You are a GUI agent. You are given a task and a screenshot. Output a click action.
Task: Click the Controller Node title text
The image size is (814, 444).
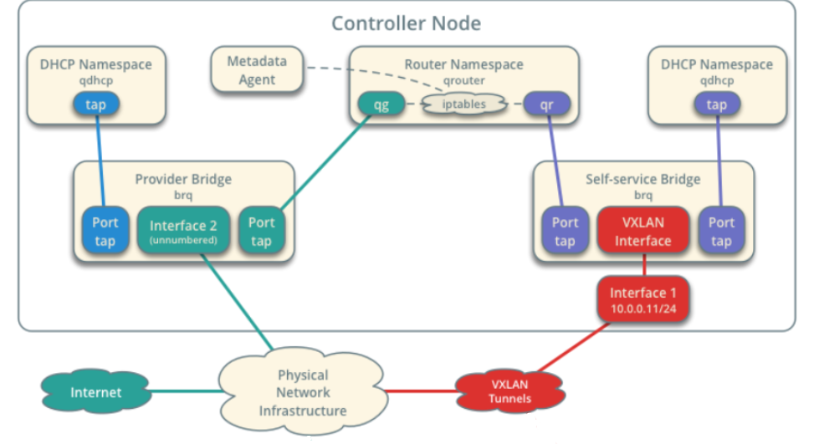tap(406, 23)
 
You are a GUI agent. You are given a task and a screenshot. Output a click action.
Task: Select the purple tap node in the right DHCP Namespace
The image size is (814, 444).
tap(716, 105)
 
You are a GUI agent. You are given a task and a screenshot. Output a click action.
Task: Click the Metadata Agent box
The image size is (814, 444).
tap(257, 71)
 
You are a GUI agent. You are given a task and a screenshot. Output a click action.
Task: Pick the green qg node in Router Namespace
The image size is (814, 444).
tap(381, 105)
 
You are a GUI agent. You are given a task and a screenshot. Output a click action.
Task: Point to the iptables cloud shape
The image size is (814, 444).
tap(464, 105)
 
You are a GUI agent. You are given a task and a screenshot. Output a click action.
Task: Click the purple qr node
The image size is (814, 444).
tap(547, 105)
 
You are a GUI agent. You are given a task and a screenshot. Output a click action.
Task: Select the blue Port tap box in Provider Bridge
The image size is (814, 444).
tap(105, 231)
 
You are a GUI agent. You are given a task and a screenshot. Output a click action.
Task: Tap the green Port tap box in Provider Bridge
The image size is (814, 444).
tap(261, 231)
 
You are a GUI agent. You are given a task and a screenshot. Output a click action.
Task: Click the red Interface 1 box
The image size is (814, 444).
tap(642, 299)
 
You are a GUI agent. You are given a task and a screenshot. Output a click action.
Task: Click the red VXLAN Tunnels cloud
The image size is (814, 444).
tap(509, 390)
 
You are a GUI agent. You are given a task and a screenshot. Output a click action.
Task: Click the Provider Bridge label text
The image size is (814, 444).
tap(183, 179)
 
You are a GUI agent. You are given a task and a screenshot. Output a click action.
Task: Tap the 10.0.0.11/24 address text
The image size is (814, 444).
tap(642, 308)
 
